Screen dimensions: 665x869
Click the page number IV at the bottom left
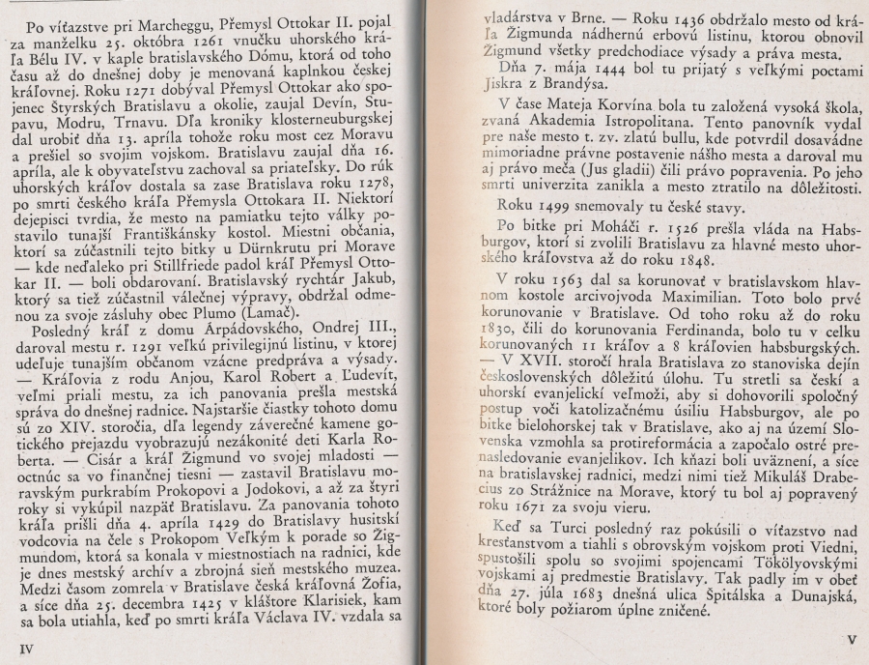point(26,649)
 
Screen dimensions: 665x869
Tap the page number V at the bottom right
point(850,639)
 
